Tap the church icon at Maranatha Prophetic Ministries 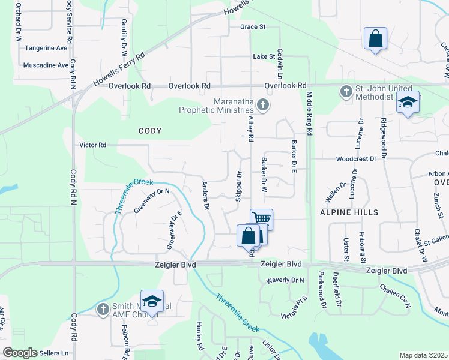click(262, 106)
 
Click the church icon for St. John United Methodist click(346, 92)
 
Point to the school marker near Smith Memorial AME click(152, 301)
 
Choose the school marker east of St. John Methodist click(408, 103)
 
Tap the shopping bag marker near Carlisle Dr click(375, 39)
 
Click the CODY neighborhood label click(150, 130)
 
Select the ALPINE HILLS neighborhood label click(349, 212)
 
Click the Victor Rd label click(93, 145)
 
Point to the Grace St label click(253, 27)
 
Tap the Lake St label click(264, 56)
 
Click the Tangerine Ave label click(45, 48)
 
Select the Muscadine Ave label click(46, 65)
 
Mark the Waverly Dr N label click(285, 280)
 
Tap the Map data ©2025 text click(423, 355)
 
